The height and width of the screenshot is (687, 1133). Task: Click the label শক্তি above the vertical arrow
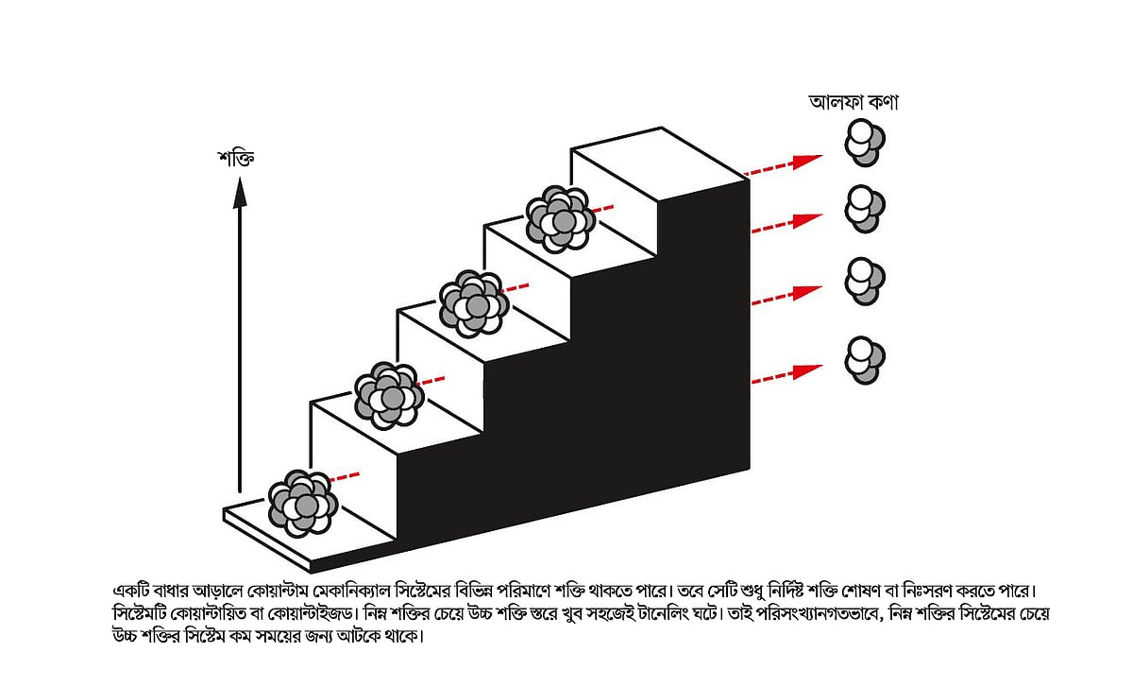(236, 158)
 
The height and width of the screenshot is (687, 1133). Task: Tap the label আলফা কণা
(854, 102)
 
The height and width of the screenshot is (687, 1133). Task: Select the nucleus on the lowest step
(303, 504)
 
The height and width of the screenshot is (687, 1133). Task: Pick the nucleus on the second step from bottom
(389, 395)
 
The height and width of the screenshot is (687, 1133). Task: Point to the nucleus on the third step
(473, 303)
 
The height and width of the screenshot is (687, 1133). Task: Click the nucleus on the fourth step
(560, 218)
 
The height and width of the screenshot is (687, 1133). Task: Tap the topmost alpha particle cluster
(865, 143)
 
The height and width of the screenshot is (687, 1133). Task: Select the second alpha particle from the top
(865, 209)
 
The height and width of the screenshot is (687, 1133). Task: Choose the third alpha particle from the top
(865, 281)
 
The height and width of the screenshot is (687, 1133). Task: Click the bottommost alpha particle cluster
(865, 360)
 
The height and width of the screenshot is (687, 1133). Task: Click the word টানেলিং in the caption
(662, 613)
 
